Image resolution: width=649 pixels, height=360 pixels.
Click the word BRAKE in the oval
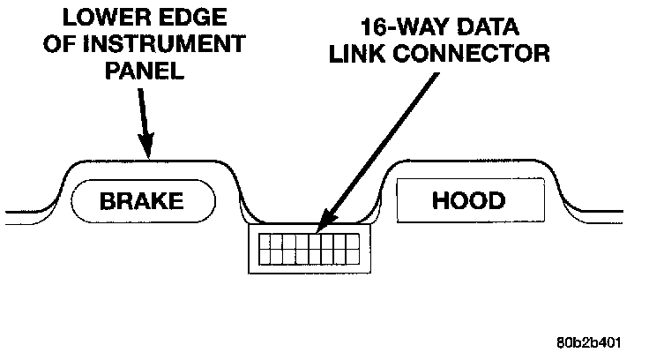pos(142,200)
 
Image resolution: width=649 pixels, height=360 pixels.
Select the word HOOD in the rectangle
pos(468,200)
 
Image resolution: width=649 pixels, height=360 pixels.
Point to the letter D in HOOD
pos(496,200)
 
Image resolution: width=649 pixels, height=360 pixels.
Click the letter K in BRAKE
pos(160,200)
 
